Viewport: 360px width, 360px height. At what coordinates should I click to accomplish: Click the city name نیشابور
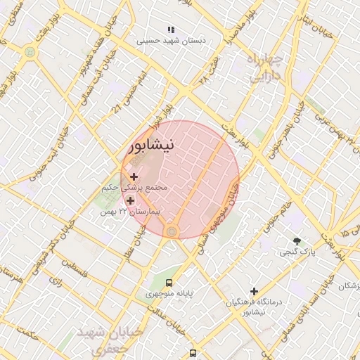(160, 145)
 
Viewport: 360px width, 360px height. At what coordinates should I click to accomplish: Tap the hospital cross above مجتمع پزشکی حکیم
(134, 176)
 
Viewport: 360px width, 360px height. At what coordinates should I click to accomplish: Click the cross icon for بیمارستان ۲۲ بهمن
(130, 201)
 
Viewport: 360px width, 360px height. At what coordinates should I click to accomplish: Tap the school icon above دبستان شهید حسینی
(170, 30)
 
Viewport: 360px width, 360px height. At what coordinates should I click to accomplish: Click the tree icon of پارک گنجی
(297, 240)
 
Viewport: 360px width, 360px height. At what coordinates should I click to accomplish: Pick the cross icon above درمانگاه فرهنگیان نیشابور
(254, 291)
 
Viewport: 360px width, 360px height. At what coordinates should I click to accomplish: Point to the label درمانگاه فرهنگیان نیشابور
(254, 306)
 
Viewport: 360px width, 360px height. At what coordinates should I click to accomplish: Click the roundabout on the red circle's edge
(172, 231)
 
